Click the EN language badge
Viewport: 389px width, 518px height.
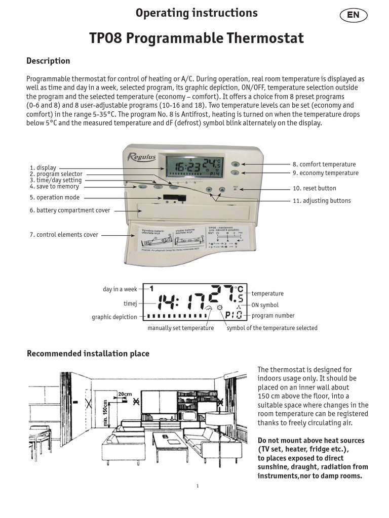(353, 15)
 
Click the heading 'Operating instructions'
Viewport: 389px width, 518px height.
(197, 13)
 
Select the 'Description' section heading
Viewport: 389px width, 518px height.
(48, 61)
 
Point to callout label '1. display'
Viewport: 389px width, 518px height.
(43, 167)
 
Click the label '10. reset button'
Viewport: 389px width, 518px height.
(314, 188)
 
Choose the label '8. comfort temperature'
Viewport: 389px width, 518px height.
(324, 164)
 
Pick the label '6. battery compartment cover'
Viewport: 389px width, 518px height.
(70, 210)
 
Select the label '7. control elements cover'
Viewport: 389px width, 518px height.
(64, 235)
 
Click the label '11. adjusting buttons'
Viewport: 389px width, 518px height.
(321, 201)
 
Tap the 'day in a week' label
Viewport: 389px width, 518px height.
(120, 289)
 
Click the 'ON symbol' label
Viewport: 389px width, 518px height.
(265, 305)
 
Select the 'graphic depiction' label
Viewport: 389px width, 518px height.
(114, 317)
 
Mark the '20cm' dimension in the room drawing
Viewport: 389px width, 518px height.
(125, 394)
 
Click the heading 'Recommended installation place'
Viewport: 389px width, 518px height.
(88, 354)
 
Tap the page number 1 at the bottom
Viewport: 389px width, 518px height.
(197, 486)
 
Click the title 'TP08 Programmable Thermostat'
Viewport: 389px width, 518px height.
(197, 38)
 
